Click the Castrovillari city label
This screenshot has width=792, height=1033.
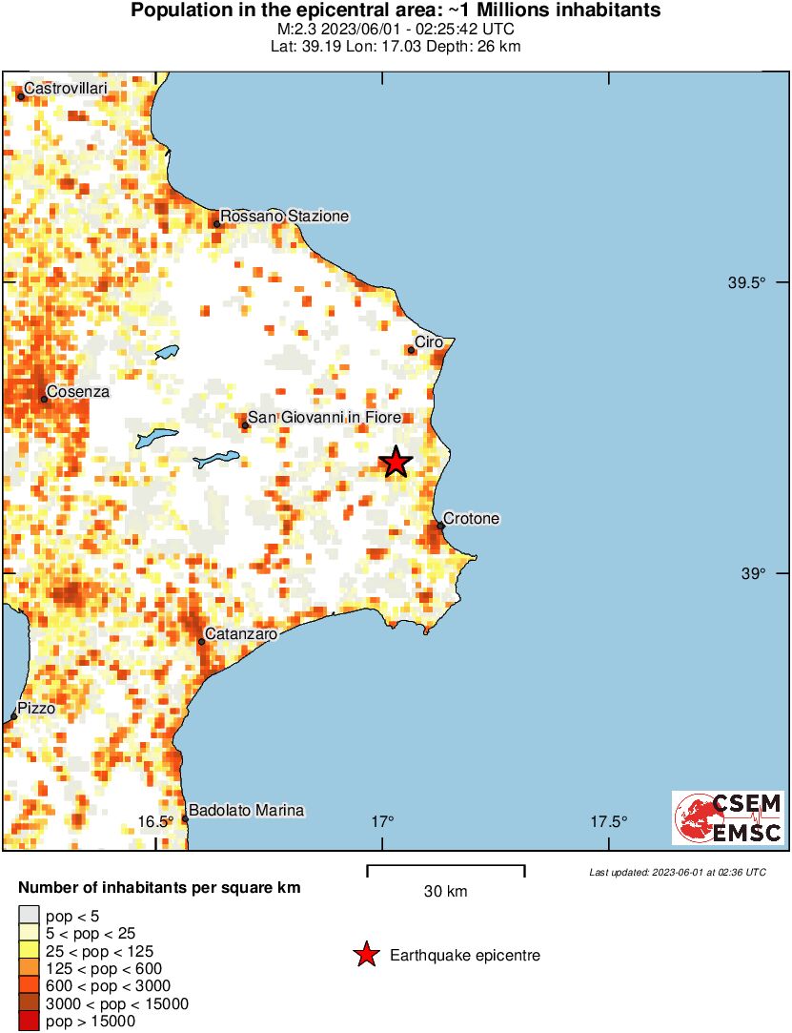(66, 89)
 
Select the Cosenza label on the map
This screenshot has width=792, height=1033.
(78, 391)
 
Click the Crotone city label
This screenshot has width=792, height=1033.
(472, 519)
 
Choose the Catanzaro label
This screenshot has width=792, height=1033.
(241, 633)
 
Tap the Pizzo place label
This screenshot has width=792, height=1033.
(36, 709)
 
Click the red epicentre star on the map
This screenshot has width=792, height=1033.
(396, 463)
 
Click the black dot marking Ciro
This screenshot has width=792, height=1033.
(412, 350)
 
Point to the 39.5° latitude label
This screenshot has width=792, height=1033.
(746, 283)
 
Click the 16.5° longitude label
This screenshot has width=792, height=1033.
(155, 822)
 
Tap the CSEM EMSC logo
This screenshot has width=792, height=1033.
(728, 818)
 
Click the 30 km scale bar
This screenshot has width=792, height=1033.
(446, 867)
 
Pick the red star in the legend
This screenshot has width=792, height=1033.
(365, 955)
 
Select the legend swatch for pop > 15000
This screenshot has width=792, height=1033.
(30, 1021)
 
